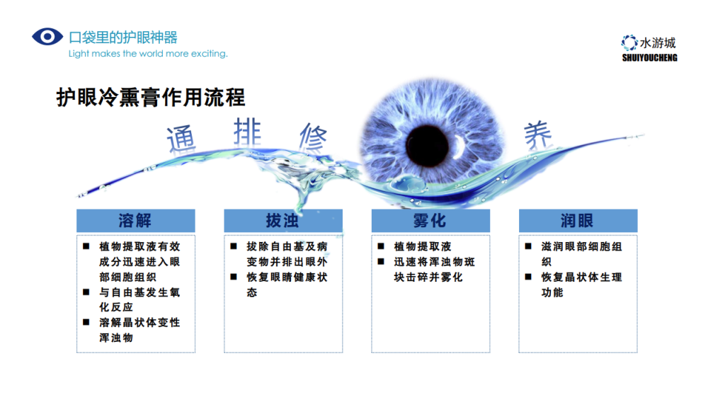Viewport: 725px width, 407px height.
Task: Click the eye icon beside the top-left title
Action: pyautogui.click(x=47, y=37)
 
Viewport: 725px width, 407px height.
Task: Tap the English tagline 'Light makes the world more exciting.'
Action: pyautogui.click(x=148, y=54)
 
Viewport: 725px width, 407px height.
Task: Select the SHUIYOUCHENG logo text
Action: pyautogui.click(x=650, y=58)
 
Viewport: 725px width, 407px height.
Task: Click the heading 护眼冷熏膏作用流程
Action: pyautogui.click(x=151, y=97)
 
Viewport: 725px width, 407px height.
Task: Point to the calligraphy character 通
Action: pyautogui.click(x=181, y=139)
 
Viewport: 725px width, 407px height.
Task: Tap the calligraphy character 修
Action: pyautogui.click(x=313, y=137)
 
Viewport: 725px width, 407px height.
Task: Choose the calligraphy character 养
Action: pyautogui.click(x=538, y=135)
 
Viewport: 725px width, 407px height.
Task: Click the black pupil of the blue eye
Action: pyautogui.click(x=427, y=145)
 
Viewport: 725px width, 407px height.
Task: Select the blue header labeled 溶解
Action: pyautogui.click(x=135, y=221)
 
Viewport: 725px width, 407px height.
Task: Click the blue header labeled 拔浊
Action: pyautogui.click(x=283, y=221)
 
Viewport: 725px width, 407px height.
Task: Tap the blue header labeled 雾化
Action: pyautogui.click(x=430, y=221)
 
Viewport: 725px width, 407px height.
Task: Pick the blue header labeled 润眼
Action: pyautogui.click(x=578, y=221)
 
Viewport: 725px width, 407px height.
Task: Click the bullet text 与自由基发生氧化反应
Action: pyautogui.click(x=139, y=299)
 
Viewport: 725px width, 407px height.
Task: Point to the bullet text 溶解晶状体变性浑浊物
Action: pyautogui.click(x=139, y=331)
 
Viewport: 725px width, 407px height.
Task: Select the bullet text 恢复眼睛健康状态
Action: pyautogui.click(x=287, y=285)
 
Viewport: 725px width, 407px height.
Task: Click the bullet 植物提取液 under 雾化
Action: pyautogui.click(x=422, y=246)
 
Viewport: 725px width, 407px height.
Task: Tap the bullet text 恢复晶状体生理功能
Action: pyautogui.click(x=582, y=285)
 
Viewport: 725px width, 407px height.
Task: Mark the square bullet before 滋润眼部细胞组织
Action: pyautogui.click(x=528, y=246)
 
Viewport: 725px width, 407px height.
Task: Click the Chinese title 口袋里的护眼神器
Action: pyautogui.click(x=123, y=38)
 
